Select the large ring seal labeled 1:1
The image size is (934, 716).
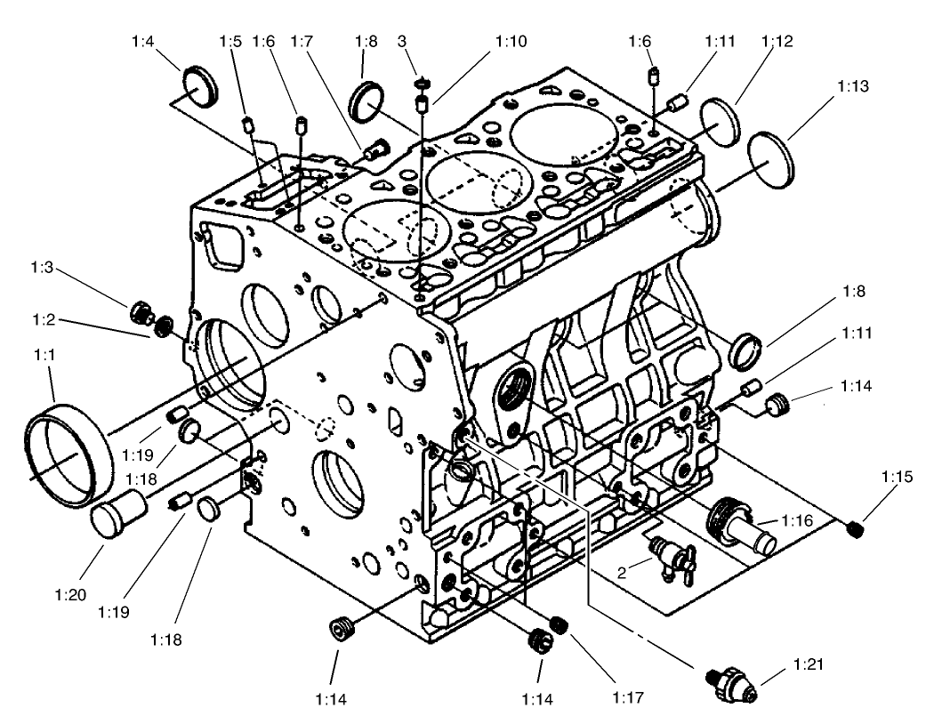(70, 449)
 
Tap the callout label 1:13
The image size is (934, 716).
(852, 87)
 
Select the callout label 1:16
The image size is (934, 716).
(797, 520)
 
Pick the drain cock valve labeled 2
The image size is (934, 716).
(664, 557)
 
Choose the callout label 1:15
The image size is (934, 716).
(898, 478)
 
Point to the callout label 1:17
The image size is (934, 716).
(628, 696)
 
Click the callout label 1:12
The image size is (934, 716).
(777, 41)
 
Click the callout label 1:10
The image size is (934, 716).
(511, 41)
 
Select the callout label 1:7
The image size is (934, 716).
(302, 41)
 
